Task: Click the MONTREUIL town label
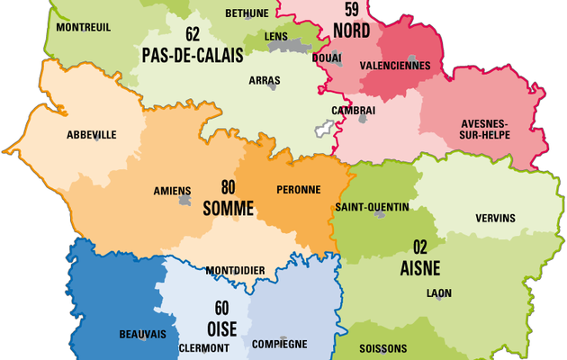pos(83,27)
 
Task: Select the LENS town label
pos(277,36)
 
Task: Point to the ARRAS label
pos(265,80)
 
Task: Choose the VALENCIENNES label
pos(394,66)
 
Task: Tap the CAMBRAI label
pos(352,110)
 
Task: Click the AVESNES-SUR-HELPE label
pos(483,130)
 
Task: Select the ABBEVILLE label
pos(91,135)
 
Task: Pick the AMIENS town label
pos(171,191)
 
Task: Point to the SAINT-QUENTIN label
pos(372,207)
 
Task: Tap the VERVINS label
pos(496,218)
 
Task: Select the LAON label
pos(439,292)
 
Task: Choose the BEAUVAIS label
pos(142,334)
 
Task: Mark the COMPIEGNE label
pos(280,344)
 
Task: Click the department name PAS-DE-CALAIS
pos(193,55)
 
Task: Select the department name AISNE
pos(419,267)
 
